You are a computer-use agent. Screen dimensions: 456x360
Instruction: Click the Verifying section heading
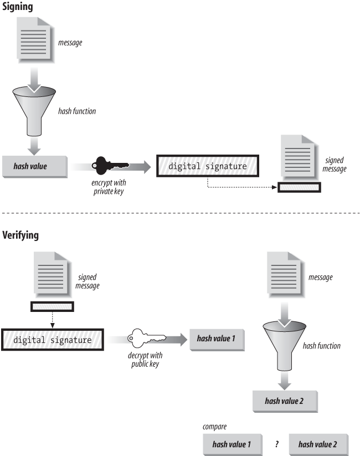pos(22,235)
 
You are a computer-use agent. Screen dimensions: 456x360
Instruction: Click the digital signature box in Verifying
pos(53,340)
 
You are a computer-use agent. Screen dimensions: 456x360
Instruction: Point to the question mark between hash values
pos(276,444)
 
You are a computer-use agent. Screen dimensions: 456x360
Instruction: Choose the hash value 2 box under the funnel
pos(284,401)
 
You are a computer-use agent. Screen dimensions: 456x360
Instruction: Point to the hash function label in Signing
pos(77,111)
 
